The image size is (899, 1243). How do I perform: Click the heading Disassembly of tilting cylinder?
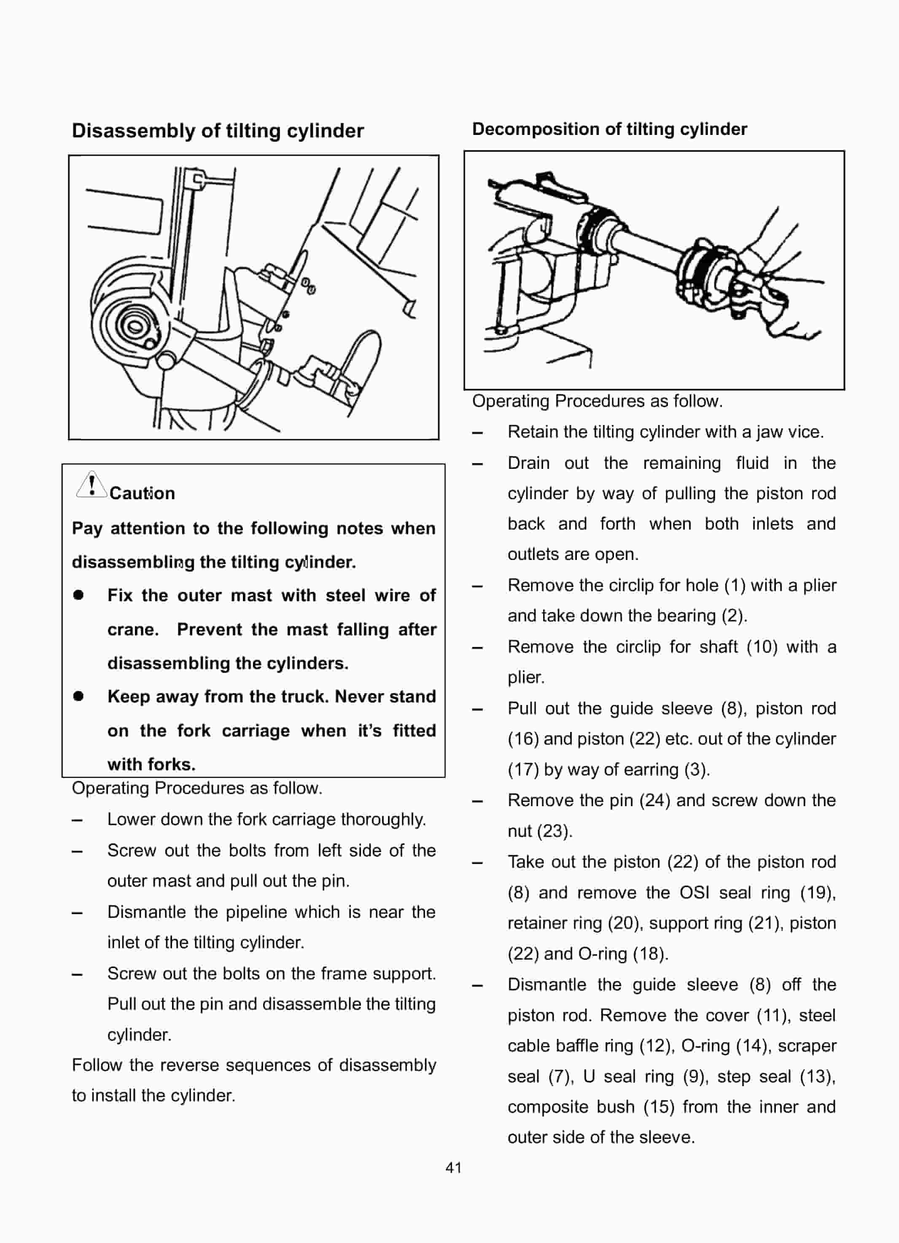218,131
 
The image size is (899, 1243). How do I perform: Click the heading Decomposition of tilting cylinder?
609,129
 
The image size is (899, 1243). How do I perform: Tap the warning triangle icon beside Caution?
92,485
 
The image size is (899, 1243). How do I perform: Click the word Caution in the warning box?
142,493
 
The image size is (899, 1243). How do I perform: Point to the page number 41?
453,1168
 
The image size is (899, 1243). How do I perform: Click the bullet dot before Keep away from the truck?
78,697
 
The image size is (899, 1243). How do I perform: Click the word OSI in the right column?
694,892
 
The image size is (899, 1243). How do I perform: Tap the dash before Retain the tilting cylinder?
477,433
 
